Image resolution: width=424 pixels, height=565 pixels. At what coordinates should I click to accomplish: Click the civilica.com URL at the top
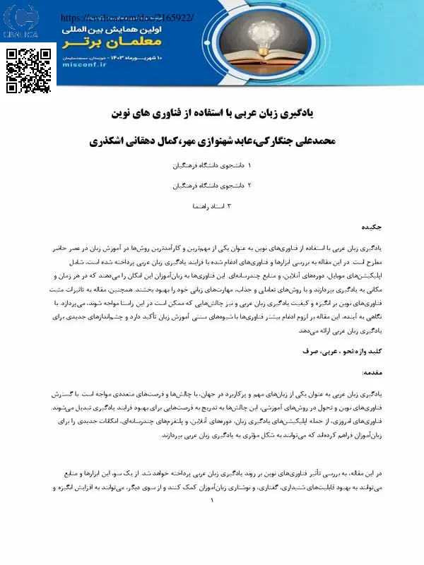click(127, 16)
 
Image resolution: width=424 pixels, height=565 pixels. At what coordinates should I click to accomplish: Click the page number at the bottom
click(211, 500)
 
